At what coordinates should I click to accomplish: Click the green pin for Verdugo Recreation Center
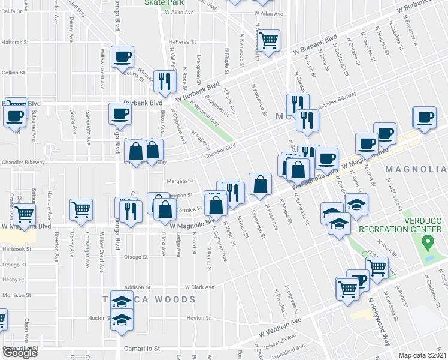pos(428,242)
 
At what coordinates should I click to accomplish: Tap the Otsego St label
pos(136,257)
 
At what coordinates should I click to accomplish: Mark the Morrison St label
pos(13,295)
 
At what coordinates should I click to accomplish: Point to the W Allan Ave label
pos(268,13)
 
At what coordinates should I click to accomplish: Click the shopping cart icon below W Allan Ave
pos(270,40)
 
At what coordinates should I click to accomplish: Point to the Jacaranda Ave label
pos(278,343)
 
